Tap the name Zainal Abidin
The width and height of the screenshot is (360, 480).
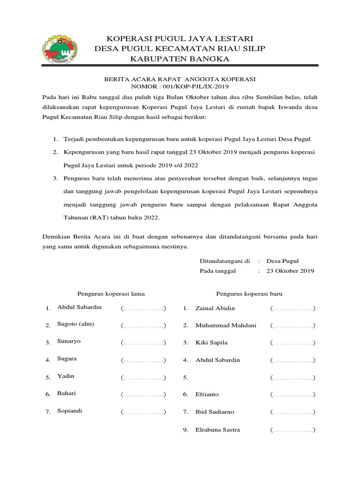[x=215, y=308]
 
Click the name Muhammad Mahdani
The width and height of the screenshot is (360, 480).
[x=226, y=325]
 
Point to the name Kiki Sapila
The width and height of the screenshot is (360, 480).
[x=211, y=343]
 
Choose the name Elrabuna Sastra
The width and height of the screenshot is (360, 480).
[x=217, y=429]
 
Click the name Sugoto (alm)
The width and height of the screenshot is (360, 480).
[x=75, y=324]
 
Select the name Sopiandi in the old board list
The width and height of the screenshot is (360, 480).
[x=70, y=411]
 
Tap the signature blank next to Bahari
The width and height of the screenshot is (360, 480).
[x=143, y=395]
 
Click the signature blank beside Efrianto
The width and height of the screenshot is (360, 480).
[x=292, y=395]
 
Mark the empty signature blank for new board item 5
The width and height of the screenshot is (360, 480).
[x=292, y=377]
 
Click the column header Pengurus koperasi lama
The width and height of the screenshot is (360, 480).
[x=111, y=293]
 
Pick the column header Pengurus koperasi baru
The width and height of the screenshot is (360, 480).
[x=249, y=293]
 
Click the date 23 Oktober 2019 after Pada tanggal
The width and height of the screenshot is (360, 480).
[x=290, y=271]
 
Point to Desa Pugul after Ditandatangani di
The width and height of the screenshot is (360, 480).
[x=282, y=261]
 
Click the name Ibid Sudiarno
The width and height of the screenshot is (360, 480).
[x=215, y=412]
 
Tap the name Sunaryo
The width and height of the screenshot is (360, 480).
[x=69, y=341]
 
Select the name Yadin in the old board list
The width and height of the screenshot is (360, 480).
[x=66, y=376]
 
